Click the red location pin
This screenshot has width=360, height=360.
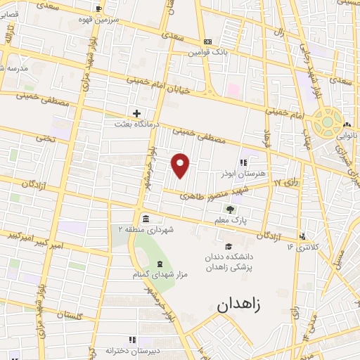coord(181,165)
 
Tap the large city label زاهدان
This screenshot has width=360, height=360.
coord(238,304)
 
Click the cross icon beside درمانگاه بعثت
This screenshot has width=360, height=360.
coord(137,113)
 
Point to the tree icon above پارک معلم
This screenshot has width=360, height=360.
coord(230,209)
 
